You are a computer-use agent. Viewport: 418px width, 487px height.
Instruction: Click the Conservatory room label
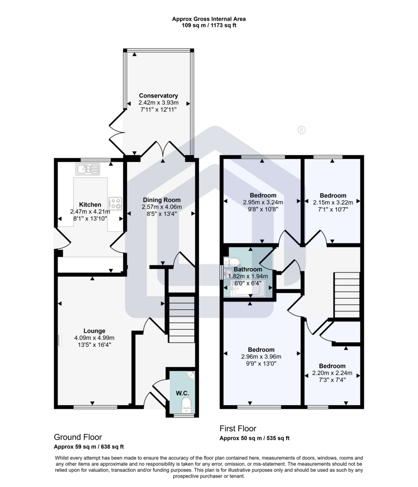tap(158, 96)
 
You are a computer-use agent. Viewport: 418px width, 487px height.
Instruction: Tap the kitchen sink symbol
tap(87, 169)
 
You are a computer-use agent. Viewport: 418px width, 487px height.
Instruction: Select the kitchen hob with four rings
tap(115, 204)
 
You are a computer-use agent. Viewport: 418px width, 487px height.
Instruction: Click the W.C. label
tap(182, 393)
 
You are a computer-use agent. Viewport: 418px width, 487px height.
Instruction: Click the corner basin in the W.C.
tap(191, 375)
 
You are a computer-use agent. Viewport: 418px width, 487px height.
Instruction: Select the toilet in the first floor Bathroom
tap(232, 262)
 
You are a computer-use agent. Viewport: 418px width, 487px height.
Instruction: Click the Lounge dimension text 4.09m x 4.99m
tap(95, 338)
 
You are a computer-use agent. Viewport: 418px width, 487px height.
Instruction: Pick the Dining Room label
tap(162, 200)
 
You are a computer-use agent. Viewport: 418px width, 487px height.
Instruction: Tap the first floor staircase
tap(347, 295)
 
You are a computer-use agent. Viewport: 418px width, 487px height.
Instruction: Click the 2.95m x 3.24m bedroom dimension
tap(263, 202)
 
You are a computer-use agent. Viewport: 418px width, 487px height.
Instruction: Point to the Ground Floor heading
tap(78, 438)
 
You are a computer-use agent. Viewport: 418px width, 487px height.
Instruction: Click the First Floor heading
tap(238, 429)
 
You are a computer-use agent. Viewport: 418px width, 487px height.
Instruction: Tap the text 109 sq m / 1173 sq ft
tap(209, 26)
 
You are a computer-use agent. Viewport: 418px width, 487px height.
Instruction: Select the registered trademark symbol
tap(301, 130)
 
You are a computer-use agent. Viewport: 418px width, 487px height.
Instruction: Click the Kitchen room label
tap(90, 205)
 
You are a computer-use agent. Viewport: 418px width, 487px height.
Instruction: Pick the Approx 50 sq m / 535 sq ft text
tap(254, 438)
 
